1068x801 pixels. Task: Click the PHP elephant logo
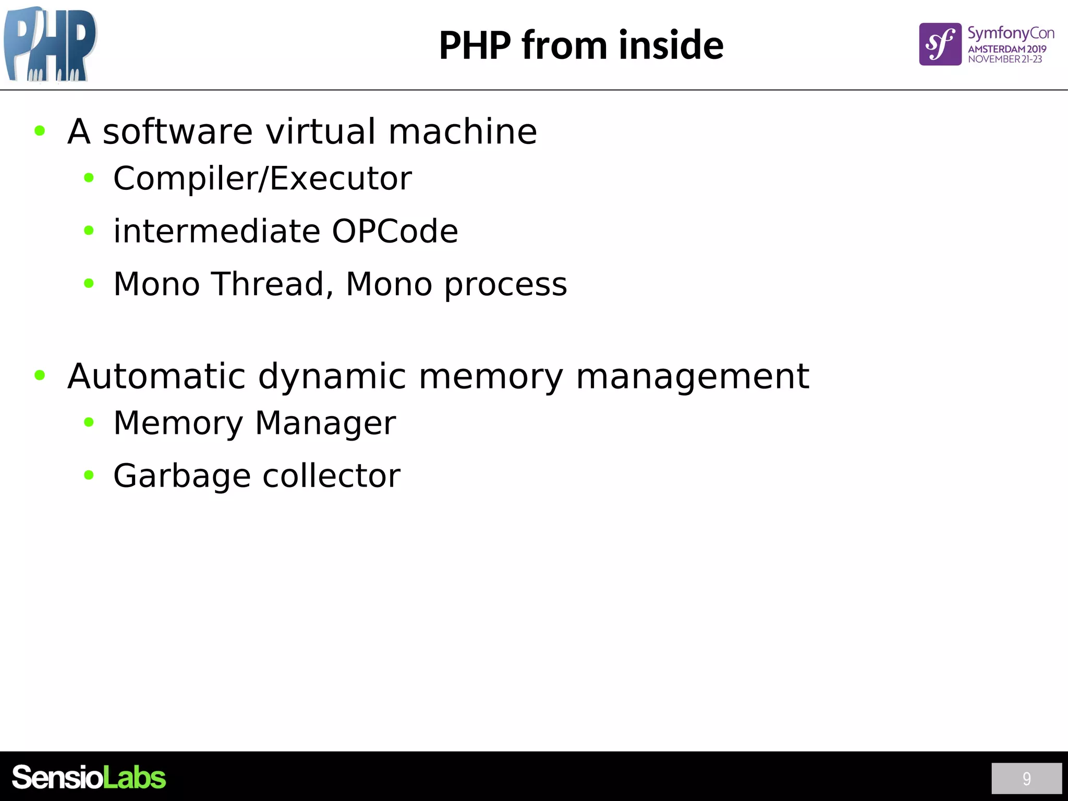point(50,45)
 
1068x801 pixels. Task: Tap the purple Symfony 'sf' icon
point(940,44)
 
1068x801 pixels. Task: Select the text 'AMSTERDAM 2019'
point(1007,49)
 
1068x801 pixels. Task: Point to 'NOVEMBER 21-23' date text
point(1005,59)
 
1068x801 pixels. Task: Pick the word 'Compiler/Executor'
point(262,178)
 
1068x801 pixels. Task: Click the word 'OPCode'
point(395,231)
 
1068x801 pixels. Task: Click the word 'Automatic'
point(156,376)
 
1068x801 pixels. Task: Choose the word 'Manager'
point(325,423)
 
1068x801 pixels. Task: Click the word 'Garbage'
point(182,476)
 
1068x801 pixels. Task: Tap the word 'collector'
point(331,476)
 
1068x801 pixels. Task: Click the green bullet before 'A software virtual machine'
point(40,130)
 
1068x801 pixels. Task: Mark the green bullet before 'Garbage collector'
point(89,475)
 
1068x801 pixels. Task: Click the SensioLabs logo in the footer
point(89,778)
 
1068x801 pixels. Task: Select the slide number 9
point(1026,779)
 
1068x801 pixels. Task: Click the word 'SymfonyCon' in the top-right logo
point(1011,33)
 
